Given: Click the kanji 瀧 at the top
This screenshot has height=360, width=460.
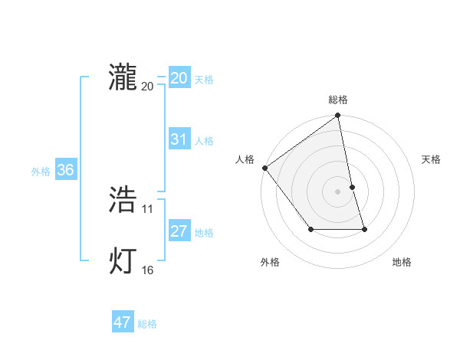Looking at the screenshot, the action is (123, 77).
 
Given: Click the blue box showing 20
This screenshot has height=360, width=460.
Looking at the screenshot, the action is (179, 78).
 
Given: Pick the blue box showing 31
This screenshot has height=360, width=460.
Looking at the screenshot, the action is (179, 139).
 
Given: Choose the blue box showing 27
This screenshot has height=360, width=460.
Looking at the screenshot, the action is (179, 231).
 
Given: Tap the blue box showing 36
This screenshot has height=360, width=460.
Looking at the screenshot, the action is (65, 170).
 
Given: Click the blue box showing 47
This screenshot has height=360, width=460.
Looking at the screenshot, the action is (123, 322).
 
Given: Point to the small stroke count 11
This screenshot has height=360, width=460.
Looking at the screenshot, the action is (148, 208).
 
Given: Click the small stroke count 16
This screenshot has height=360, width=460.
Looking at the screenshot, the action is (148, 270).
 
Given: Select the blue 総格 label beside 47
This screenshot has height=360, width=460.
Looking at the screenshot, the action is (147, 324).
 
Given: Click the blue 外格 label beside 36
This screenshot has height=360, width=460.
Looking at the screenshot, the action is (41, 172).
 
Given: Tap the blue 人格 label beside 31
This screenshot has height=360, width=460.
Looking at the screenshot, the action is (204, 141).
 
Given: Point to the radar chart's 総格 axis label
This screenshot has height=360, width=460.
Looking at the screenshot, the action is (338, 100).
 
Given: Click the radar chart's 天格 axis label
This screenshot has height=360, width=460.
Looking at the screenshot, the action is (431, 159).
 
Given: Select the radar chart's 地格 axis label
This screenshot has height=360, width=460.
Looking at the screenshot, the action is (402, 262).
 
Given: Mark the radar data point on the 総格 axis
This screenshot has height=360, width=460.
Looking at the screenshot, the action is (338, 116).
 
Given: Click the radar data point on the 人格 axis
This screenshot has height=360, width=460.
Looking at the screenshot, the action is (265, 168).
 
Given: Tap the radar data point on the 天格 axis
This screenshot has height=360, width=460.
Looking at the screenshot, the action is (353, 187).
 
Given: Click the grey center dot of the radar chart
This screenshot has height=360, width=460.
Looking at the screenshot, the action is (338, 191).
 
